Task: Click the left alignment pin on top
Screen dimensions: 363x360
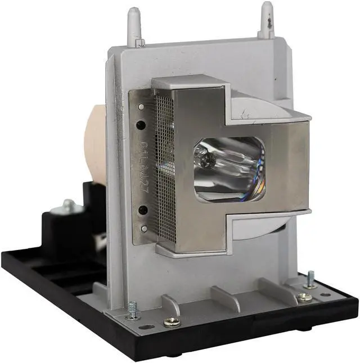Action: [x=133, y=27]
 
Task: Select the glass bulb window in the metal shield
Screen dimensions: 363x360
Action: [x=228, y=168]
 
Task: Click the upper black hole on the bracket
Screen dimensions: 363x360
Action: [x=142, y=124]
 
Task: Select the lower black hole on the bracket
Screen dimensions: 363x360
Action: [x=143, y=210]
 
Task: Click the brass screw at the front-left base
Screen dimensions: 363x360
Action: [x=170, y=322]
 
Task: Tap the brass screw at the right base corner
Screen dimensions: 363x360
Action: [x=304, y=297]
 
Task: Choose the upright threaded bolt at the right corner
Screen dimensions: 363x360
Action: [x=310, y=279]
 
